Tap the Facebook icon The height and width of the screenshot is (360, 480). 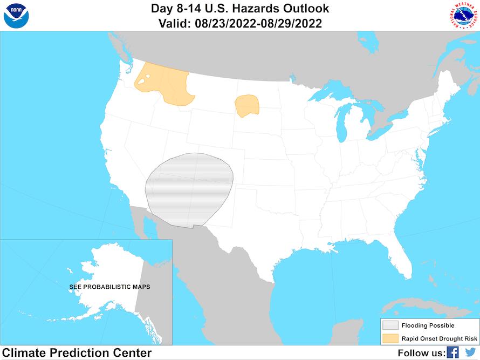[452, 352]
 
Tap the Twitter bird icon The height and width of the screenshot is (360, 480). [470, 352]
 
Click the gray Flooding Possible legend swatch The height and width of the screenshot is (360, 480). [390, 325]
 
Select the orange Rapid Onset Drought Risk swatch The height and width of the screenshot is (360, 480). [390, 339]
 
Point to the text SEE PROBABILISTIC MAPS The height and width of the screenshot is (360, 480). [109, 287]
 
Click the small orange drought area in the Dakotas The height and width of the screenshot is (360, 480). [247, 105]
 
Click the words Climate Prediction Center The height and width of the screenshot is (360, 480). [77, 353]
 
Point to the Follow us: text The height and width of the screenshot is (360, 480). [421, 353]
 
